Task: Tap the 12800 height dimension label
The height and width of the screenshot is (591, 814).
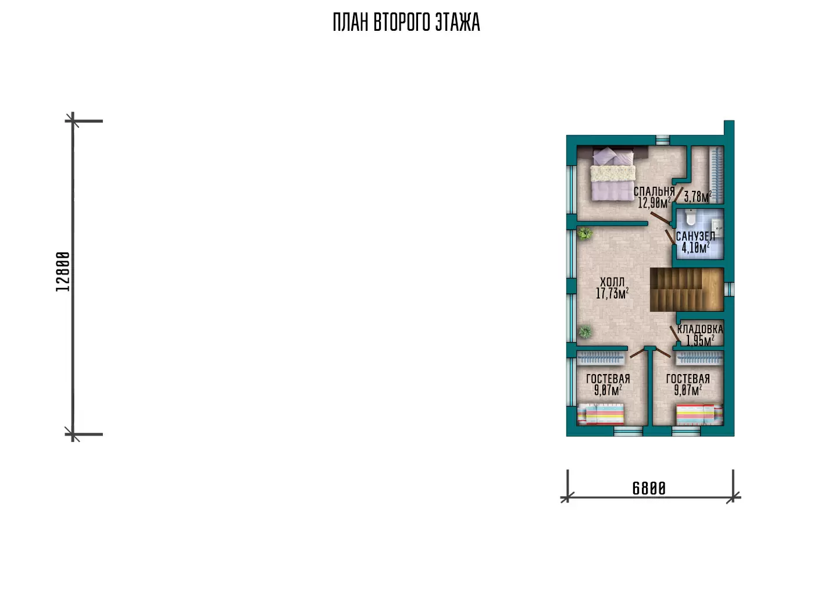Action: (x=63, y=272)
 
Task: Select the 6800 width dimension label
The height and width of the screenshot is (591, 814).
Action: (x=649, y=489)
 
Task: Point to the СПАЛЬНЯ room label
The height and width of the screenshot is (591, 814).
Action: (x=654, y=191)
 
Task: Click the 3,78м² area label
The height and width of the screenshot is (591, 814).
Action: (x=698, y=197)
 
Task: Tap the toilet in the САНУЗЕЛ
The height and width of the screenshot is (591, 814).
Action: (x=690, y=217)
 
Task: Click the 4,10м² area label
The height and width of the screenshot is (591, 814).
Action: (x=695, y=248)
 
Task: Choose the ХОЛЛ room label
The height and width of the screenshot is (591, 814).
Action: (x=612, y=282)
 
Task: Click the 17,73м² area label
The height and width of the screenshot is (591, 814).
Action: (x=612, y=293)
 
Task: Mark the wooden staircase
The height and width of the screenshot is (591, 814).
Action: (x=687, y=290)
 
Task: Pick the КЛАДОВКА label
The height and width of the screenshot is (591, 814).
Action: (x=700, y=329)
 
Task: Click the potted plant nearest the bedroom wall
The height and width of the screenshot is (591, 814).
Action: (x=585, y=233)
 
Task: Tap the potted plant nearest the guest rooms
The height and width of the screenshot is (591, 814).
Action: (x=585, y=332)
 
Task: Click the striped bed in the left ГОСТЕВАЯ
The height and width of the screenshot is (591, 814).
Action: (x=600, y=414)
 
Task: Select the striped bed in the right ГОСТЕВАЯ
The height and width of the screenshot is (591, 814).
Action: (x=699, y=414)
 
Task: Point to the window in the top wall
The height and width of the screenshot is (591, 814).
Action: (x=662, y=140)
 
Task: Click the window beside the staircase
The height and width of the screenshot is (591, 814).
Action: (x=729, y=289)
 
